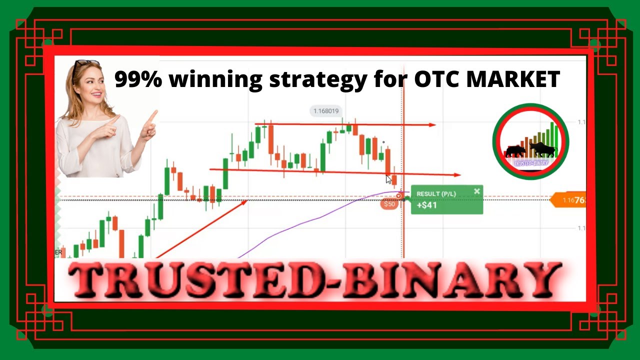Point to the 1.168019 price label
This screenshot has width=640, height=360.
(326, 111)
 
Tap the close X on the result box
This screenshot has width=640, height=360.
(476, 191)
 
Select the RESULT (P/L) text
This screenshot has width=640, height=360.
(435, 193)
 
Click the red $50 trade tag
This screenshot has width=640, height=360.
(389, 203)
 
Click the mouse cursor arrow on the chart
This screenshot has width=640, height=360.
(388, 179)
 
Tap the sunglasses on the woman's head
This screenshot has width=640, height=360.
(86, 64)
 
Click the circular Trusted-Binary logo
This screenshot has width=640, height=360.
(530, 141)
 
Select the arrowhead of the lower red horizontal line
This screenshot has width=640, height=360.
(456, 175)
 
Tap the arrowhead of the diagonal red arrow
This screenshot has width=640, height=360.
(243, 201)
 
